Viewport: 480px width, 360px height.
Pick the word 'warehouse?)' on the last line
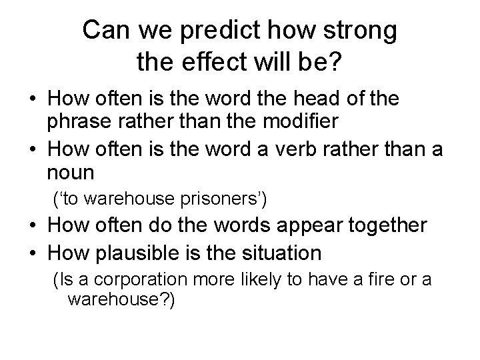click(121, 300)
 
